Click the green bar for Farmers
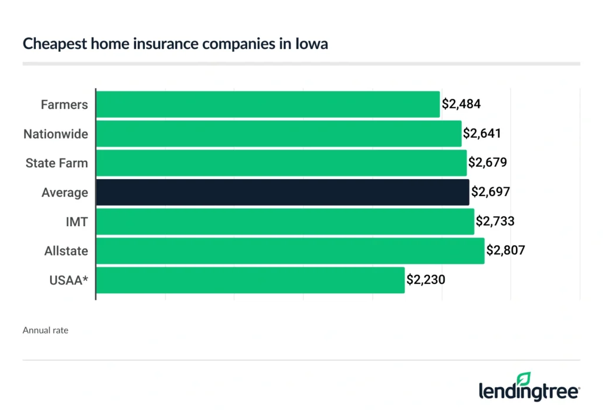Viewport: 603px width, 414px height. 267,105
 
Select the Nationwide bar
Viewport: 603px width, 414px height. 278,134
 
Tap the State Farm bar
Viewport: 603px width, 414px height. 281,163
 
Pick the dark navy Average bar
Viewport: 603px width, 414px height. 282,193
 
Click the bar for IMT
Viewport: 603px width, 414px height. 284,221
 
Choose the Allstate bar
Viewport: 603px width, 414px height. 290,251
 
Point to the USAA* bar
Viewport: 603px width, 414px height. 250,280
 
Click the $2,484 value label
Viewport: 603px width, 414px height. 462,105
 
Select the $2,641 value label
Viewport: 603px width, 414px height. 482,134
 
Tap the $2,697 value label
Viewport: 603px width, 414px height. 490,193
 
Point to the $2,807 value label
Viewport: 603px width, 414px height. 505,251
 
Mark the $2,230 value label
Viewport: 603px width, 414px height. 426,280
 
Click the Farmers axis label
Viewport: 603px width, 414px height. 64,105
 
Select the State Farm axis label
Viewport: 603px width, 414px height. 57,163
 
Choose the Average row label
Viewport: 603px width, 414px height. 65,193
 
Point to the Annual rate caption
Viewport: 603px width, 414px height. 45,330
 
